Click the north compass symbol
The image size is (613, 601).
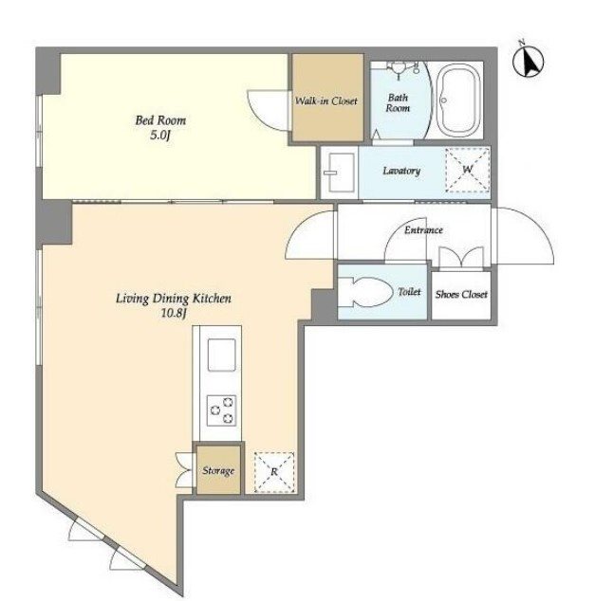529,61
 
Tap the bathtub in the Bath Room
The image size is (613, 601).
457,100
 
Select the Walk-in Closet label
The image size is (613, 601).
326,101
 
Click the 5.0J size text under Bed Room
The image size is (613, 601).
160,136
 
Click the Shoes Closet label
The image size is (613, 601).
461,294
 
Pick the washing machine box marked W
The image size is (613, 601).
468,170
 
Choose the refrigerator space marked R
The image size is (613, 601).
274,472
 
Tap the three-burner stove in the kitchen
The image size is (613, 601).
222,410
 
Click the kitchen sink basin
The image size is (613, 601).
222,355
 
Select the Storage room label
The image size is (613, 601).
218,470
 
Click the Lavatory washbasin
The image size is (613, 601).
340,173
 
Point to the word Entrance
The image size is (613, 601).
423,230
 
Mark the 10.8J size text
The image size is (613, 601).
173,313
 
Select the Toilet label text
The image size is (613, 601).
409,292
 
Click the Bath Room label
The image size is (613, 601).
398,102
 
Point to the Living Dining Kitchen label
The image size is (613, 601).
174,299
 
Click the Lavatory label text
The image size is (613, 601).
401,171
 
